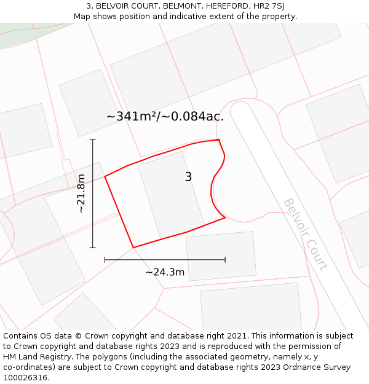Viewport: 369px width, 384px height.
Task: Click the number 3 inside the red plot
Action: click(x=188, y=177)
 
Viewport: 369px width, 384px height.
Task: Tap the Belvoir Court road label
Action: click(x=305, y=234)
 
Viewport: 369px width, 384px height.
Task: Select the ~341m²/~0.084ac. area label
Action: click(x=165, y=116)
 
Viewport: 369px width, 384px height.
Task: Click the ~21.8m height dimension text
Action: click(x=81, y=194)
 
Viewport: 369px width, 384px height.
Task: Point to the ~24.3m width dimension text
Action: click(x=165, y=272)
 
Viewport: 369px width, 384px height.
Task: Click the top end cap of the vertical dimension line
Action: click(x=93, y=140)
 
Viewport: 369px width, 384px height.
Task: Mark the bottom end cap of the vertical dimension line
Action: click(x=93, y=248)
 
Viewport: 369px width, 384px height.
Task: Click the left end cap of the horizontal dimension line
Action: click(x=105, y=259)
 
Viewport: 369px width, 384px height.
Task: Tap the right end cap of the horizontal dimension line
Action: click(x=225, y=259)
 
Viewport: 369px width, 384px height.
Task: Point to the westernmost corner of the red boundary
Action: click(x=105, y=177)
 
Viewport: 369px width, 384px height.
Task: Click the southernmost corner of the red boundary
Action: click(x=133, y=248)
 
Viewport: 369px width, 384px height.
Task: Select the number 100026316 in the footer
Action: click(x=26, y=378)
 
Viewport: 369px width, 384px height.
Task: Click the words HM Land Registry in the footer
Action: click(x=34, y=357)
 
